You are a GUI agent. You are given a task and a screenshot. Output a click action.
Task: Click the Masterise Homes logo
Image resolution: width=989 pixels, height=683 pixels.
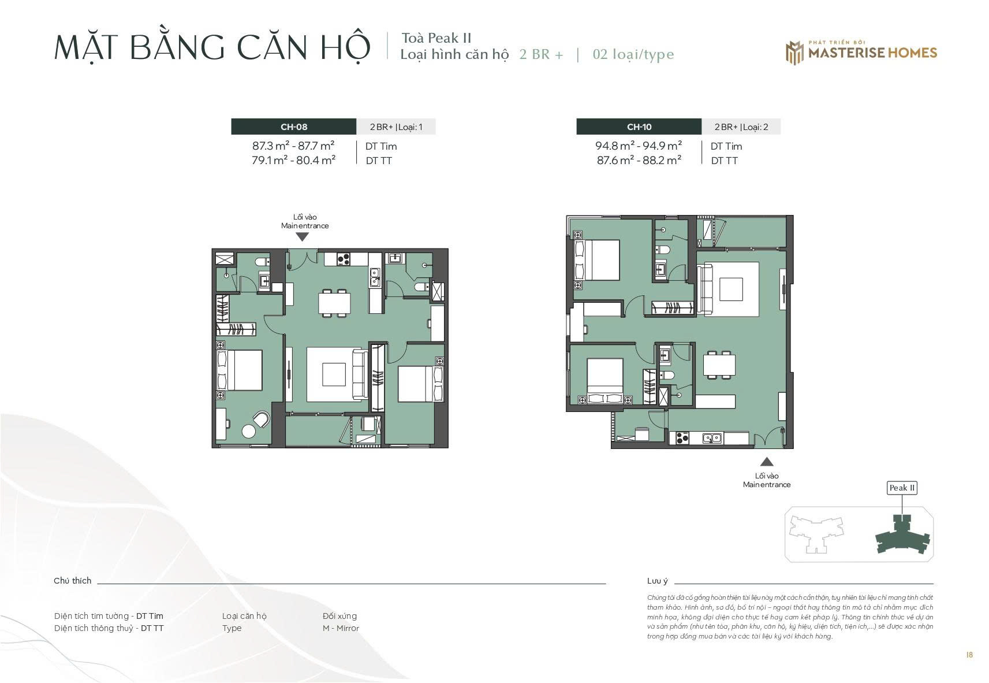pyautogui.click(x=861, y=53)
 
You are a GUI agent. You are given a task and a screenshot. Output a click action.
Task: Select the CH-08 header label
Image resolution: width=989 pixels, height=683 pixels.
pyautogui.click(x=294, y=127)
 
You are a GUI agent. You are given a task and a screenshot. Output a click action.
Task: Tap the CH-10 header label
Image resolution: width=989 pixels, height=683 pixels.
pyautogui.click(x=639, y=127)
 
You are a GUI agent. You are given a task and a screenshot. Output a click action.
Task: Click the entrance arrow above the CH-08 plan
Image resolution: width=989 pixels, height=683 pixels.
pyautogui.click(x=302, y=237)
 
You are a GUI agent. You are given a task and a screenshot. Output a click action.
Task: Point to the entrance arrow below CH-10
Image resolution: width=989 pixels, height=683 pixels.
pyautogui.click(x=767, y=462)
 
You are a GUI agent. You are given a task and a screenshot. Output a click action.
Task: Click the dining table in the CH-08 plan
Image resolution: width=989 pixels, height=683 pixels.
pyautogui.click(x=335, y=303)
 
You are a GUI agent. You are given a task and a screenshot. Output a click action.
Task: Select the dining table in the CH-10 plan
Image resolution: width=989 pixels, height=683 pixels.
pyautogui.click(x=719, y=365)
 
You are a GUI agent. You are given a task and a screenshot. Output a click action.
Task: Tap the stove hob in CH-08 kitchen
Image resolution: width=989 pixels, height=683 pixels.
pyautogui.click(x=344, y=259)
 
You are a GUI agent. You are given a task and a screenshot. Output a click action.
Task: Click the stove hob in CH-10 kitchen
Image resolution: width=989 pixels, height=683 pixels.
pyautogui.click(x=682, y=438)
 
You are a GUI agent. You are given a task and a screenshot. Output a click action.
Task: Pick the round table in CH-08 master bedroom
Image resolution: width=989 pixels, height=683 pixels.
pyautogui.click(x=249, y=431)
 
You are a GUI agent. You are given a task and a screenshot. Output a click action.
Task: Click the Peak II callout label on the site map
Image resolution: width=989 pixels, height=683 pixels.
pyautogui.click(x=902, y=488)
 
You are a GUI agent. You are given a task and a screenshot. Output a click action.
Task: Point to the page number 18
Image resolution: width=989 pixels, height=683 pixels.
pyautogui.click(x=969, y=655)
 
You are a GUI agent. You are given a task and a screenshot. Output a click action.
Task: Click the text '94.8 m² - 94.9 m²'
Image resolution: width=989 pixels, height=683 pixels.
pyautogui.click(x=639, y=146)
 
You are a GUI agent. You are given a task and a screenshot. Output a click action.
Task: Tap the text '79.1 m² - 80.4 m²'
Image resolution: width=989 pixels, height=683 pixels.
pyautogui.click(x=294, y=160)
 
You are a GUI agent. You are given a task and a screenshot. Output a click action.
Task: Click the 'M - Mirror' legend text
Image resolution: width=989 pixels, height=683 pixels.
pyautogui.click(x=341, y=628)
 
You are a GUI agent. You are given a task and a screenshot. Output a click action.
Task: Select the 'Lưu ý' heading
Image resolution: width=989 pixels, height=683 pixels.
pyautogui.click(x=658, y=581)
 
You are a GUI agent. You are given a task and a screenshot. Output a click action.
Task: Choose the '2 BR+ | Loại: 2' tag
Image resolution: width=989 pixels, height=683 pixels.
pyautogui.click(x=741, y=127)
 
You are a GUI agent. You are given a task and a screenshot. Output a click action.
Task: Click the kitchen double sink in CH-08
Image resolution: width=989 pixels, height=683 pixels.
pyautogui.click(x=375, y=277)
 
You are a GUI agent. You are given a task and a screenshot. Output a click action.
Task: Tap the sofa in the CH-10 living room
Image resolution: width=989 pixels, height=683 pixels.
pyautogui.click(x=705, y=289)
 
